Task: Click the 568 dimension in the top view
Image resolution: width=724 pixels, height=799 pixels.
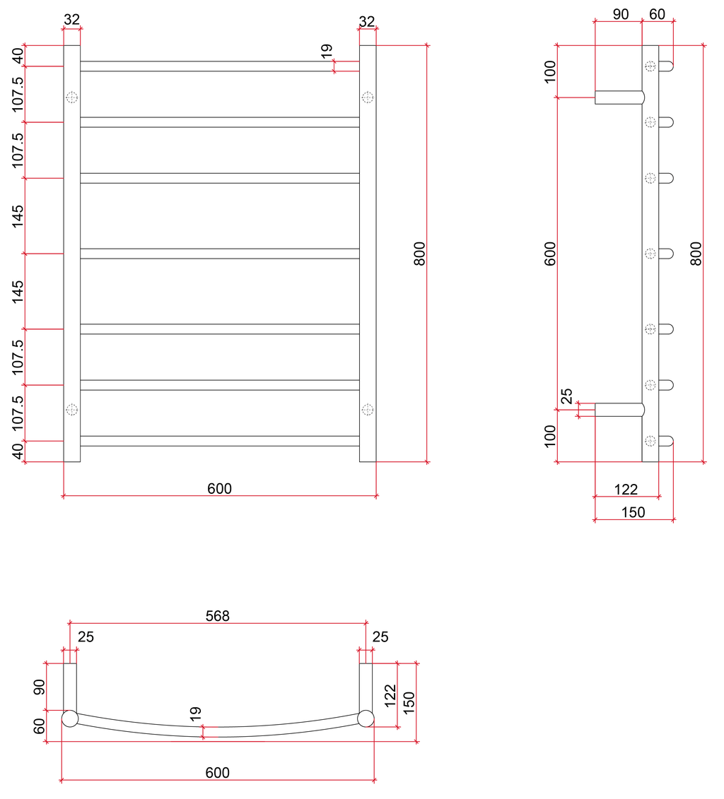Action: (217, 616)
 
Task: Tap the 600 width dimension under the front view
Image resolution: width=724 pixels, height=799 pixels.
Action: (219, 488)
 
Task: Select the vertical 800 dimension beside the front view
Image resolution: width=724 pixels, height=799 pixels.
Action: (419, 253)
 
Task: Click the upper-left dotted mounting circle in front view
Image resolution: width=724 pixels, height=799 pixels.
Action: (72, 97)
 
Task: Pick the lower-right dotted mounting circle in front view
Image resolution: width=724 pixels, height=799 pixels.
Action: (368, 410)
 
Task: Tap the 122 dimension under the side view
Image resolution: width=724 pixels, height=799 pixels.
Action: (626, 489)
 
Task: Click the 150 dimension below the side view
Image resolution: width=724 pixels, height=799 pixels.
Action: (633, 512)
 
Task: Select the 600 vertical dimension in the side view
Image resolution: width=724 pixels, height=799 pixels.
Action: (551, 253)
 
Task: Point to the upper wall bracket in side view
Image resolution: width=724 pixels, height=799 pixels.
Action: (618, 97)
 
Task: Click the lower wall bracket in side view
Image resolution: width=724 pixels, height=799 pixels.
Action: (618, 410)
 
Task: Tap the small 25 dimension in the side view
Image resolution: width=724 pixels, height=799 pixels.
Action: (567, 397)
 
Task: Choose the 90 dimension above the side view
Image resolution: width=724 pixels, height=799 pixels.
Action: (620, 14)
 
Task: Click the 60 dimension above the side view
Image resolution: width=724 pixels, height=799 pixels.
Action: (658, 14)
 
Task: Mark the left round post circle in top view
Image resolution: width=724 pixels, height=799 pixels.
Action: (70, 719)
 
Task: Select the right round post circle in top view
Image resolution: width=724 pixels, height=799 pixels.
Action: (366, 719)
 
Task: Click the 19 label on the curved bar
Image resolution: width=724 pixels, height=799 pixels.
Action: (196, 714)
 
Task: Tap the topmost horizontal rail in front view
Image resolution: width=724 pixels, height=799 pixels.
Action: (219, 66)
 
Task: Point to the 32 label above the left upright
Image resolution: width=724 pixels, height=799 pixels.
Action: (72, 20)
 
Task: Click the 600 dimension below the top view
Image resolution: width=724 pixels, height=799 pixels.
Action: (217, 773)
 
